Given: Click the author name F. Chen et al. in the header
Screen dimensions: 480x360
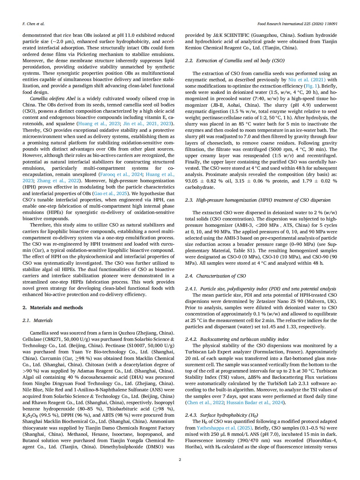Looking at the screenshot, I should [33, 24].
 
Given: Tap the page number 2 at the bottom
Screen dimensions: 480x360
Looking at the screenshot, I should [180, 459].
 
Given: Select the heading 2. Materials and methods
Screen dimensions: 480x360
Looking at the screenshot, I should [52, 307].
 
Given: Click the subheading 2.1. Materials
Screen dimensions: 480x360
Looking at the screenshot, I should [37, 320].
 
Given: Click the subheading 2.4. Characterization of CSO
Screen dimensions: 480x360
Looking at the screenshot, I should [215, 276].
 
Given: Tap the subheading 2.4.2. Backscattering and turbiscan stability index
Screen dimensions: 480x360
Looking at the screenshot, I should [237, 339].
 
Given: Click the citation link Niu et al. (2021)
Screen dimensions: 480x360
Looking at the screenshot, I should [307, 80].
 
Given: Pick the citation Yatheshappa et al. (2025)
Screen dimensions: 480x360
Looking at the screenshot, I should [224, 428].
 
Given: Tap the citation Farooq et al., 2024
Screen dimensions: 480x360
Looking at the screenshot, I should [121, 174].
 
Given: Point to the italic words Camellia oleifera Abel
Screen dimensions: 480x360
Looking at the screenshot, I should [53, 99].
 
